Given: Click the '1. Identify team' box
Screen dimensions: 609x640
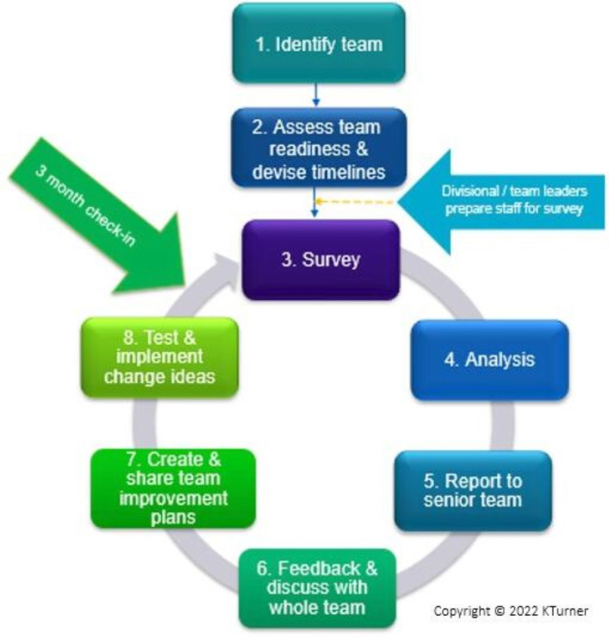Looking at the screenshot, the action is [x=319, y=43].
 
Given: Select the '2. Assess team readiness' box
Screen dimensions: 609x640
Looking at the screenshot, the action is [x=319, y=147].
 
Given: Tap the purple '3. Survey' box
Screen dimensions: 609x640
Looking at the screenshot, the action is [x=320, y=260].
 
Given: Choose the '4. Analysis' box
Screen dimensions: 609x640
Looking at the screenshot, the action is [x=489, y=360].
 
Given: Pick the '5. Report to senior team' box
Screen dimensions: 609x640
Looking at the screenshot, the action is [x=473, y=491].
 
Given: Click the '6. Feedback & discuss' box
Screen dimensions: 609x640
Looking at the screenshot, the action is [x=317, y=588].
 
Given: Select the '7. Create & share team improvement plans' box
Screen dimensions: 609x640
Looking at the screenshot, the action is [x=173, y=488].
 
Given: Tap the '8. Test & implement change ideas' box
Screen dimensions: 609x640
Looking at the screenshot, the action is [x=159, y=358].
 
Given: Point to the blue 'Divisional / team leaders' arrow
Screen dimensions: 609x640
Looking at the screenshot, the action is [x=501, y=202].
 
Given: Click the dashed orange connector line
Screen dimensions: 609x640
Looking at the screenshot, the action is [x=355, y=202].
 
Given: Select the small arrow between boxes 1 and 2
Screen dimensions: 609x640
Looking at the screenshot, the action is [x=316, y=95].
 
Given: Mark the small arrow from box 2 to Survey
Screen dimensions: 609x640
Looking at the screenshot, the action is [x=314, y=202].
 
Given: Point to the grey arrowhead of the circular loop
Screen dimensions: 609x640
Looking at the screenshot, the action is [x=227, y=270].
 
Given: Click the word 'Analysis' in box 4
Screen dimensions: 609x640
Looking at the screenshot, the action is [x=500, y=360].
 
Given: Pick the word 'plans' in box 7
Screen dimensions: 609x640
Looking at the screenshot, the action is [x=173, y=518].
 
